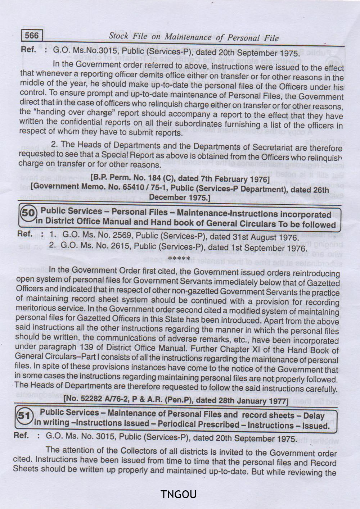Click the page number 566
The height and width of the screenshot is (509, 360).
click(x=32, y=35)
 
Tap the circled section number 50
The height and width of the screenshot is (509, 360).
click(x=28, y=213)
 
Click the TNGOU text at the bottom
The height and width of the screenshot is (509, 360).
click(x=179, y=494)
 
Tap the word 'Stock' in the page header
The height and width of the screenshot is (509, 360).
click(x=118, y=36)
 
